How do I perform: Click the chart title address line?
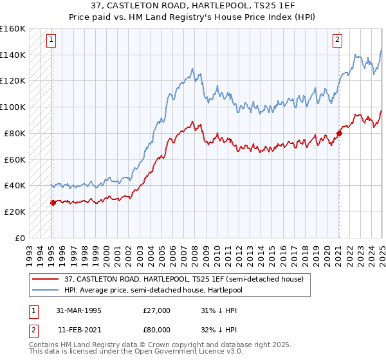(193, 7)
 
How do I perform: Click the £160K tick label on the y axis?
(13, 29)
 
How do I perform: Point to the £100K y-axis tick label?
(13, 107)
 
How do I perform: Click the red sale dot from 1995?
(53, 203)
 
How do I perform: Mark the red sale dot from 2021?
(338, 134)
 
